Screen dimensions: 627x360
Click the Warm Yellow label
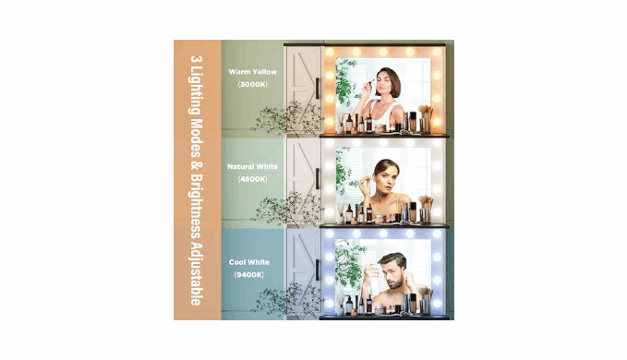[x=252, y=72]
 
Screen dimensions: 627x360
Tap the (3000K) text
[x=252, y=84]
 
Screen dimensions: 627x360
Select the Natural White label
[x=252, y=166]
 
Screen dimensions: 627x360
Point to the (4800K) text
[x=252, y=179]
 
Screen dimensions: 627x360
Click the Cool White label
[x=248, y=262]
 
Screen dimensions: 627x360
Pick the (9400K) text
[x=248, y=274]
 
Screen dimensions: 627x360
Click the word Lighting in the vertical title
[x=196, y=92]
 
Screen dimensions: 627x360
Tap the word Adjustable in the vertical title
[x=196, y=273]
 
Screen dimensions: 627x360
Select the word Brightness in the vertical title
[x=196, y=205]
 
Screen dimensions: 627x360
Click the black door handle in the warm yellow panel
[x=318, y=89]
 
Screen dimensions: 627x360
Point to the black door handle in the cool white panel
[x=318, y=270]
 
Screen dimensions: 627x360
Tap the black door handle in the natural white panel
[x=318, y=178]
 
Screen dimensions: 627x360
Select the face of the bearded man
[x=392, y=273]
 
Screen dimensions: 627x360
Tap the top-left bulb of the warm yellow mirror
[x=330, y=52]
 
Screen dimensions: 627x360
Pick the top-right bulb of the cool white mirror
[x=437, y=234]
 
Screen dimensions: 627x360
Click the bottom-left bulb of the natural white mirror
[x=330, y=212]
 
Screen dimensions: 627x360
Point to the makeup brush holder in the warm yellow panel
[x=425, y=122]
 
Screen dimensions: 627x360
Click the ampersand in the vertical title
[x=196, y=165]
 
